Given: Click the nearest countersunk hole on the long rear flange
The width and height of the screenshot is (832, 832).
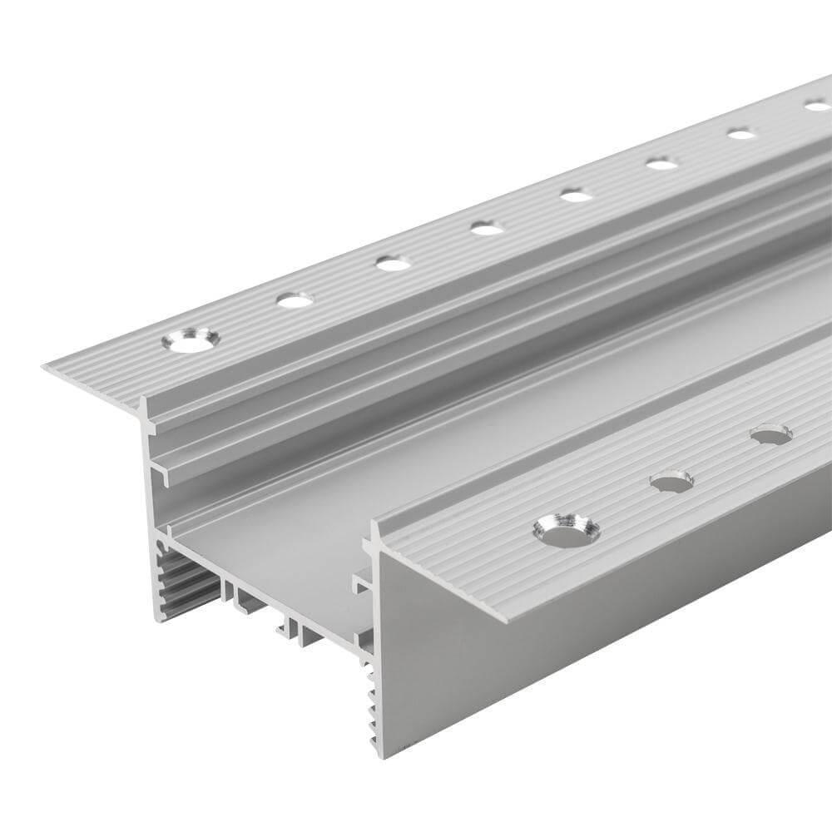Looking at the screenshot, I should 191,339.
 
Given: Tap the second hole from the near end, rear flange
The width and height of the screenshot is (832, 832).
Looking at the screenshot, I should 295,300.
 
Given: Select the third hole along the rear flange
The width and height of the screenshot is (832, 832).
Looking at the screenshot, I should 393,264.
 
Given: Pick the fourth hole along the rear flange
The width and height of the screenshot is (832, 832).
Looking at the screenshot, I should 487,228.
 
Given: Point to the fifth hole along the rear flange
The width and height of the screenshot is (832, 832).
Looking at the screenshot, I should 576,196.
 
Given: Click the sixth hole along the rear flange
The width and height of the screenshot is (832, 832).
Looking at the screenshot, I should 661,164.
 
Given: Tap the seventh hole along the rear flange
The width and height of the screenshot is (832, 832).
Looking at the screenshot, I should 740,133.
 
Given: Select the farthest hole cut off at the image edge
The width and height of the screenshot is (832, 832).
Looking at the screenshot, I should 818,106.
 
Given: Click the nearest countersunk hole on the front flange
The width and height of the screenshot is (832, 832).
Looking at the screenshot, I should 567,530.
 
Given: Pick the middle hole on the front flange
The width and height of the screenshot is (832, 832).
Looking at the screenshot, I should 671,481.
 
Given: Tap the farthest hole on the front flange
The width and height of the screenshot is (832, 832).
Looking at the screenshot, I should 770,433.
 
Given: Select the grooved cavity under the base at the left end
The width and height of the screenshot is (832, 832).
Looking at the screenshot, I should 179,582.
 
